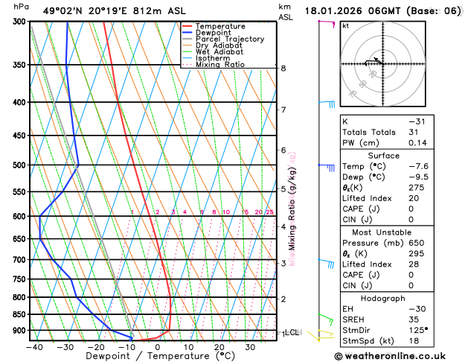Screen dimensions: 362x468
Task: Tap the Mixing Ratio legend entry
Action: click(219, 65)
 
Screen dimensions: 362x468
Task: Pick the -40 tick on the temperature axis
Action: click(33, 347)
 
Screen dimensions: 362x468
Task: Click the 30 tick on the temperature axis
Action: click(250, 347)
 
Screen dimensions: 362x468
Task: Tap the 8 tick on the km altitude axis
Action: click(283, 69)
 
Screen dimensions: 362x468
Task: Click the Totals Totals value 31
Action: click(414, 132)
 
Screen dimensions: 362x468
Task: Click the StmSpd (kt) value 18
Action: click(414, 340)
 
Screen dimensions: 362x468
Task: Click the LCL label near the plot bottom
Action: click(292, 333)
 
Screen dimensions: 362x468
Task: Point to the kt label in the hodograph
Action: click(346, 26)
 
